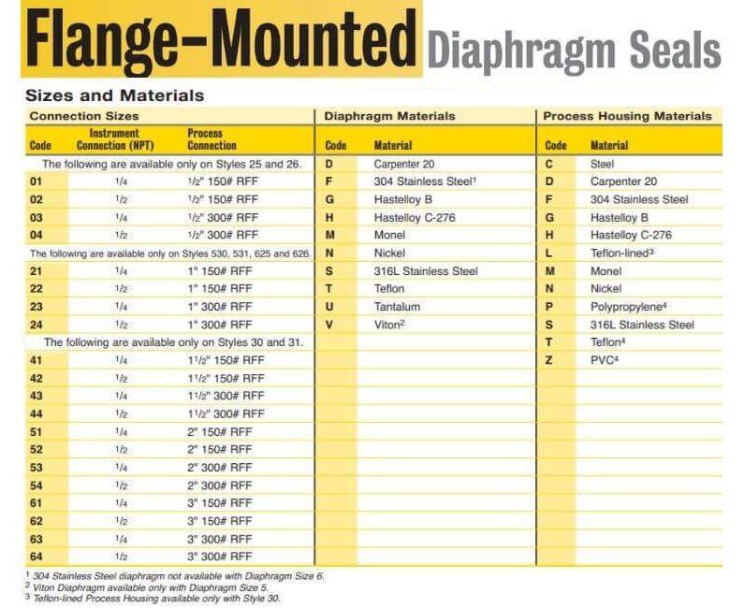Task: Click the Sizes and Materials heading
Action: click(114, 95)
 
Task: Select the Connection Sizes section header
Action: click(84, 116)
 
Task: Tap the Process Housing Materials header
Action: click(627, 116)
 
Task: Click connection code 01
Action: click(37, 181)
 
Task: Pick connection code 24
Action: click(37, 325)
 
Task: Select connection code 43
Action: click(37, 396)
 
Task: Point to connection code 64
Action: click(37, 557)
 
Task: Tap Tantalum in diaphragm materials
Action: click(397, 307)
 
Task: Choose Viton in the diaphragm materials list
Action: click(389, 325)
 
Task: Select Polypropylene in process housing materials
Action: click(629, 307)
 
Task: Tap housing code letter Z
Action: click(549, 360)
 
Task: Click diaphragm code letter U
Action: click(329, 307)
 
